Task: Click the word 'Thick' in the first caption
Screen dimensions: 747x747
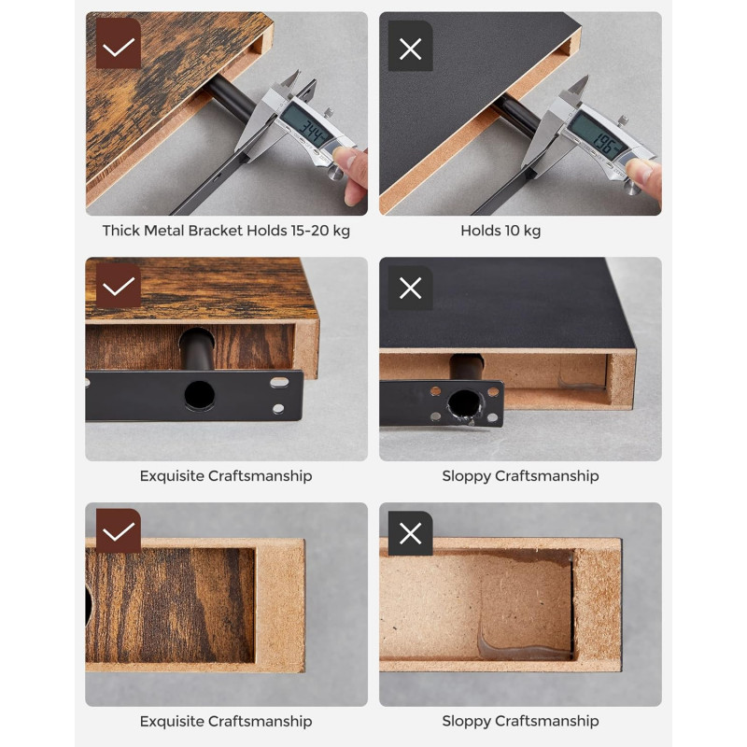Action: [x=121, y=231]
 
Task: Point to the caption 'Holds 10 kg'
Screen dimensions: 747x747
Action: [x=500, y=231]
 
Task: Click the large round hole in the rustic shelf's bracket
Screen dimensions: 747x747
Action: [x=199, y=395]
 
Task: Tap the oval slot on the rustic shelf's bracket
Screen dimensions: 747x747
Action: [x=279, y=382]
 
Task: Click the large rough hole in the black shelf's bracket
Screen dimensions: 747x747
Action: [x=464, y=404]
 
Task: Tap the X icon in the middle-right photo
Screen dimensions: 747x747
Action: [x=410, y=289]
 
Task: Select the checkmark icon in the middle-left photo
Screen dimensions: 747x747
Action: [x=119, y=286]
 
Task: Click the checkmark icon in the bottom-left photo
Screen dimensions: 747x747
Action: [x=119, y=530]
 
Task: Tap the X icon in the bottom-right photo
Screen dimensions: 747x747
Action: [x=410, y=533]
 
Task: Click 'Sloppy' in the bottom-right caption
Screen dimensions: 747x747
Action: [x=466, y=721]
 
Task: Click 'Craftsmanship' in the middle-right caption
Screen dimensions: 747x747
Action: [x=547, y=476]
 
